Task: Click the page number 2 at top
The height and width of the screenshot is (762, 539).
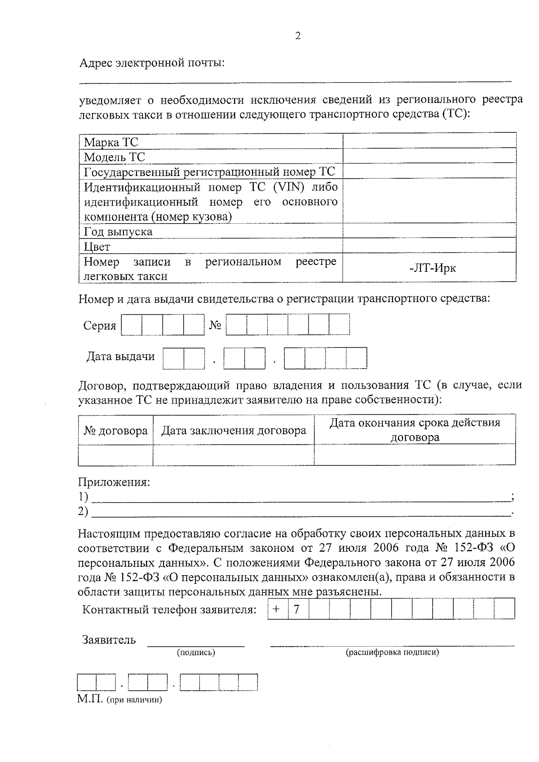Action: (x=298, y=36)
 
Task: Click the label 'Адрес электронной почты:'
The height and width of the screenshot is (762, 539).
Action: (x=152, y=63)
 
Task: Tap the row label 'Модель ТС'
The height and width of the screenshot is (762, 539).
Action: (x=115, y=157)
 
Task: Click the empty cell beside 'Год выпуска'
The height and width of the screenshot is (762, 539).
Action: (x=429, y=231)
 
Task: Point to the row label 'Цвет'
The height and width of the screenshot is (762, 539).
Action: (x=97, y=247)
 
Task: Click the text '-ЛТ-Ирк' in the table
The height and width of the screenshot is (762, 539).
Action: (x=433, y=268)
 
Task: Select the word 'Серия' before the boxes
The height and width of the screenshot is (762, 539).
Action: (x=100, y=326)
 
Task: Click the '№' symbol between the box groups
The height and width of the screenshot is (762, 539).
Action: (x=215, y=326)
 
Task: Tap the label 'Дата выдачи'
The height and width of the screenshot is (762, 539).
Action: (x=120, y=357)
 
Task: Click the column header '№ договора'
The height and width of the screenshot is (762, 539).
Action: (x=115, y=431)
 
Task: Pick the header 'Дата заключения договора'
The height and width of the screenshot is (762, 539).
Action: (x=234, y=431)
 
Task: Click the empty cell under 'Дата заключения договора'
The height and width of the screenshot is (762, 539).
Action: (x=233, y=455)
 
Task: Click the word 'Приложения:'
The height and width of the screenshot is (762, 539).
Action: (x=114, y=482)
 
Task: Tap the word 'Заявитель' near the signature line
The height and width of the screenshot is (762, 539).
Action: (x=109, y=639)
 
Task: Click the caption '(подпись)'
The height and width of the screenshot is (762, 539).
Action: (x=196, y=652)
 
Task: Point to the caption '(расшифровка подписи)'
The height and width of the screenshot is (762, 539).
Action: (x=392, y=652)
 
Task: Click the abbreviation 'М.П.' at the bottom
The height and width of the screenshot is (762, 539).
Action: (x=90, y=699)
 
